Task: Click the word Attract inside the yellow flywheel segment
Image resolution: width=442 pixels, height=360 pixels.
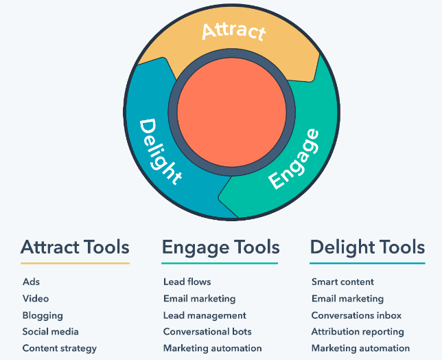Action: tap(234, 31)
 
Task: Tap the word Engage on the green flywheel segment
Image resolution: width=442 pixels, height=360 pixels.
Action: tap(294, 159)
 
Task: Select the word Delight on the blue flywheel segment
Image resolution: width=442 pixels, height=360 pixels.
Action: tap(160, 152)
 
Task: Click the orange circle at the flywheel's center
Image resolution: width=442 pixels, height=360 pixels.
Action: tap(232, 112)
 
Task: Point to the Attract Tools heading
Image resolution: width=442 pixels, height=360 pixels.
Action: tap(75, 247)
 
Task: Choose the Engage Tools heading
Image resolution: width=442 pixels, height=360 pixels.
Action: tap(221, 248)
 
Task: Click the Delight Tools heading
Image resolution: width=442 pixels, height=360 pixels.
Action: tap(367, 248)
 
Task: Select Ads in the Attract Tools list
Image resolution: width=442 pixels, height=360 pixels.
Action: tap(32, 282)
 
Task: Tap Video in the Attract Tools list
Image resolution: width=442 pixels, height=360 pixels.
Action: tap(36, 298)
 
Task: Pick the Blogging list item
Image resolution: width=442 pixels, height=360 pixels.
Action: tap(43, 316)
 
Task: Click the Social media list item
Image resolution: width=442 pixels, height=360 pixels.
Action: tap(51, 332)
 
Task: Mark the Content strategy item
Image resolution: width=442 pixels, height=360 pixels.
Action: tap(60, 349)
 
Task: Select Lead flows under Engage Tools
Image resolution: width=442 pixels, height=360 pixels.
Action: tap(187, 282)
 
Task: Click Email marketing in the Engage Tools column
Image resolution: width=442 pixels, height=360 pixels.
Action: tap(200, 299)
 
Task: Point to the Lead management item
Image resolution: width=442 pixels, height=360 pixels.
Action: tap(205, 316)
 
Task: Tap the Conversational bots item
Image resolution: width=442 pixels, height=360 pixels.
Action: tap(207, 332)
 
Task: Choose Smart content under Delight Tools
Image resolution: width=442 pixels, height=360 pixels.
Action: tap(342, 282)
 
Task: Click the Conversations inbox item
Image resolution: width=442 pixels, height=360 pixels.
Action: tap(357, 315)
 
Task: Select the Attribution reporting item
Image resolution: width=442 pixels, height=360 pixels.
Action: tap(358, 333)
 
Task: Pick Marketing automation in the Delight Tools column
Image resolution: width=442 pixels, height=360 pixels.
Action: tap(361, 348)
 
